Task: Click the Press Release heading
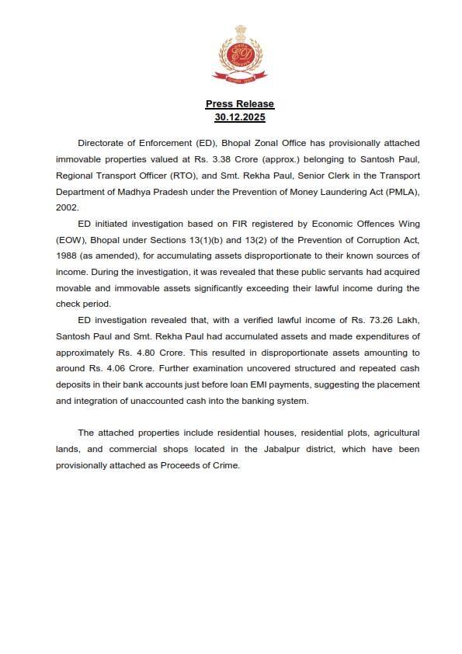click(240, 104)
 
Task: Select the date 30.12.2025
click(240, 117)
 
